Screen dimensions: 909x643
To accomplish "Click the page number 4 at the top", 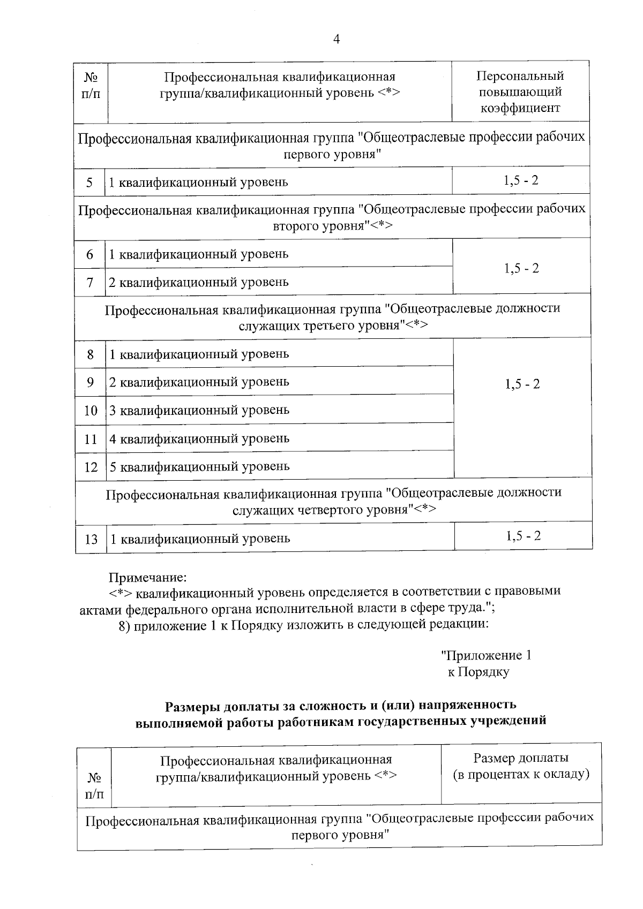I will point(337,39).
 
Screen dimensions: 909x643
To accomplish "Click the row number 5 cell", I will point(89,183).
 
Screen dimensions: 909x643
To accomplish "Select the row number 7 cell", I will point(90,282).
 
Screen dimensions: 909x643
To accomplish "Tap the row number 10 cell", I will point(91,411).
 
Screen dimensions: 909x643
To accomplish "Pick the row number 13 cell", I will point(91,539).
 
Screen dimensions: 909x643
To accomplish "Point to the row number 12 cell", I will point(91,467).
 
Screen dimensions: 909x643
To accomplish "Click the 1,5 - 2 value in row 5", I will point(521,180).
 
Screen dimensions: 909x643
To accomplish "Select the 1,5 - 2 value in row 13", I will point(524,536).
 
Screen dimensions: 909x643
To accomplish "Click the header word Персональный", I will point(520,76).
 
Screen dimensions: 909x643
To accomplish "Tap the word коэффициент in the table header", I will point(520,108).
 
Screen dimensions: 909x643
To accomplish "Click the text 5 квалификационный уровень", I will point(199,467).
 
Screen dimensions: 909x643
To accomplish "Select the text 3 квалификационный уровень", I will point(199,410).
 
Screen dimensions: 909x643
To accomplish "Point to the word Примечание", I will point(148,578).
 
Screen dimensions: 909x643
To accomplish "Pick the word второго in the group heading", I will point(296,226).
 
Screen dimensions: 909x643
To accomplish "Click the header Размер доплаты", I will point(521,758).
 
